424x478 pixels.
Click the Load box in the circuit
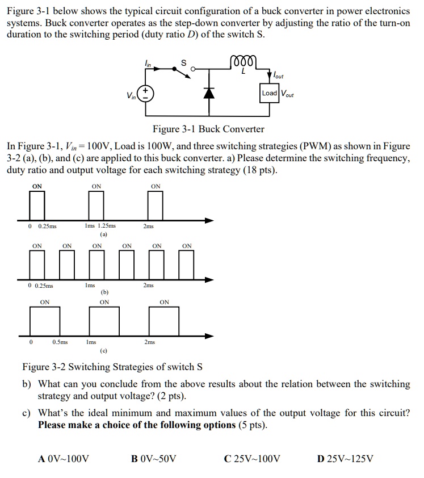tap(270, 93)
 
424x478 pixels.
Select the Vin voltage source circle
tap(145, 94)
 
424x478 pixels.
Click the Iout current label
tap(278, 75)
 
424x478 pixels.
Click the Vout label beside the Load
tap(287, 94)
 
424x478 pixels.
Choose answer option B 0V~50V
tap(154, 459)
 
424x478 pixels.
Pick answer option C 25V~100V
tap(252, 459)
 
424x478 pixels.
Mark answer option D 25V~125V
tap(345, 459)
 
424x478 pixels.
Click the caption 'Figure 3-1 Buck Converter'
tap(208, 129)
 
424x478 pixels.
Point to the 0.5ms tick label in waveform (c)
tap(60, 342)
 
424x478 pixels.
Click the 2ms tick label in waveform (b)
tap(148, 285)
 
